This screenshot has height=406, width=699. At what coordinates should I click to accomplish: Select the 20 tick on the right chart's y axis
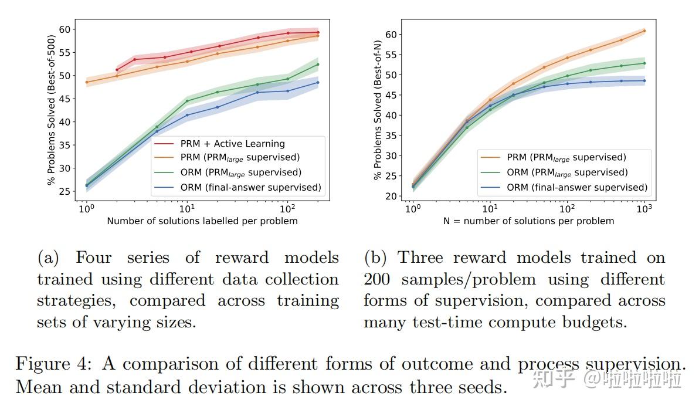pos(392,196)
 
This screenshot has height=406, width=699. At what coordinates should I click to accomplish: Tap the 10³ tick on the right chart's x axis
pos(644,208)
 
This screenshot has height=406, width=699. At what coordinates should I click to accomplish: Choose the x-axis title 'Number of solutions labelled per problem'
pos(202,221)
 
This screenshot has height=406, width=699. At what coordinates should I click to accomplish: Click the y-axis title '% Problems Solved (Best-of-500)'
pos(51,110)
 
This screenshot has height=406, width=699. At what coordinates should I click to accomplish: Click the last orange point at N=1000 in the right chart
pos(644,31)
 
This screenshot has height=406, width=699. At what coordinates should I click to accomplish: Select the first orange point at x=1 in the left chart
pos(87,82)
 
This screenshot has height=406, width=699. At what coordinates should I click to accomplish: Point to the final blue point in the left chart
pos(318,82)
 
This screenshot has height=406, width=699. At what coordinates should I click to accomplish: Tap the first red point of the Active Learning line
pos(117,70)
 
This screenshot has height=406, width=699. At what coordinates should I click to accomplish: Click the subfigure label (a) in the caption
pos(49,258)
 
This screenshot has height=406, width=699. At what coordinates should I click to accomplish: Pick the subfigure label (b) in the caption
pos(375,258)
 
